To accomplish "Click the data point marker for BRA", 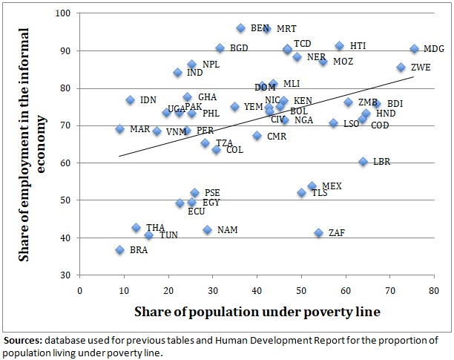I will (x=120, y=250).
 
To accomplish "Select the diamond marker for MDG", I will (x=415, y=49).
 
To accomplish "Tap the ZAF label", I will (x=336, y=233).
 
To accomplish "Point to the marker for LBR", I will (x=363, y=162).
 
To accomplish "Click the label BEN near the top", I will (x=260, y=28).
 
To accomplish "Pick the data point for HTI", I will (x=340, y=46).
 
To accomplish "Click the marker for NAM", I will (x=208, y=230).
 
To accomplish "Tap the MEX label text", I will (x=332, y=186).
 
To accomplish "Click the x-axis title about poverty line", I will (x=257, y=312).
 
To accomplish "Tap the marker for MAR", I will (x=120, y=129).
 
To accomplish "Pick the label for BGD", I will (x=239, y=48).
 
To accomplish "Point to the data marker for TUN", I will (x=148, y=235).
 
